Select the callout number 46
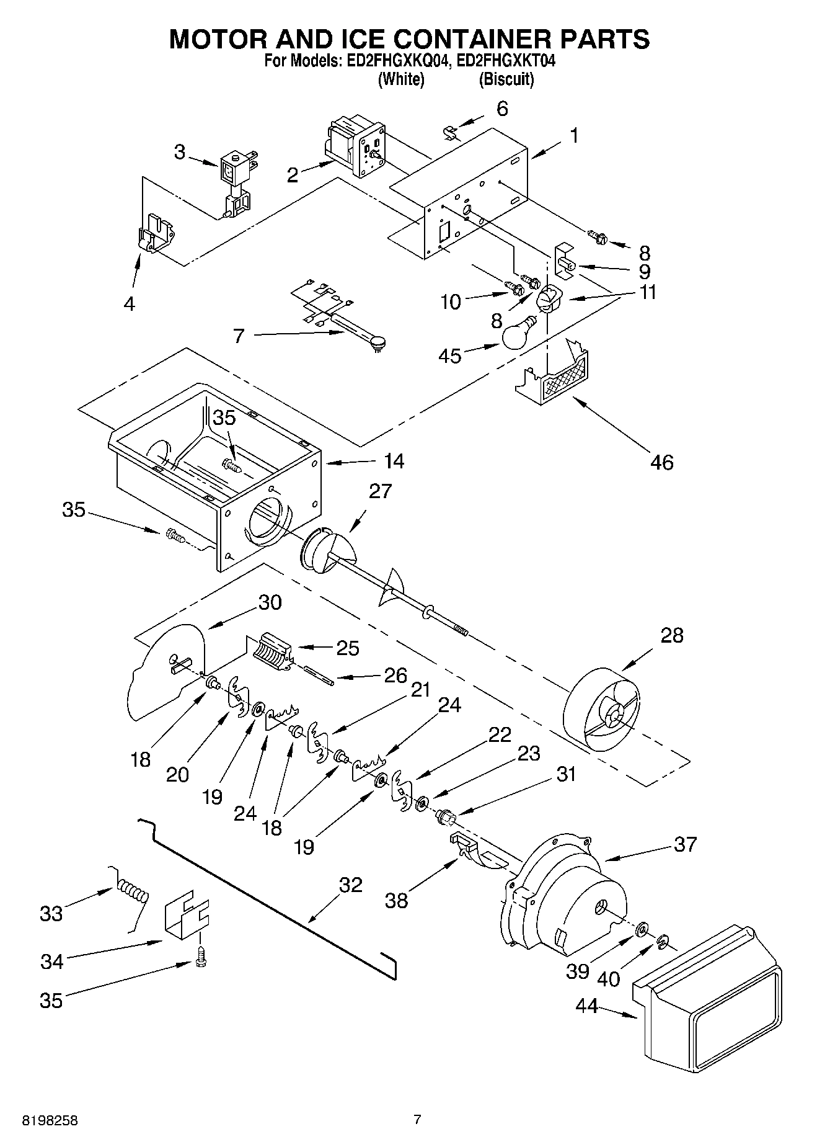661,462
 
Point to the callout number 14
394,461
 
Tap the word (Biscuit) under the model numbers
506,79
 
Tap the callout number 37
685,844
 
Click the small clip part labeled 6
451,132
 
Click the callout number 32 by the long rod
351,885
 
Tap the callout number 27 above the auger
380,491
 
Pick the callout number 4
129,303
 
